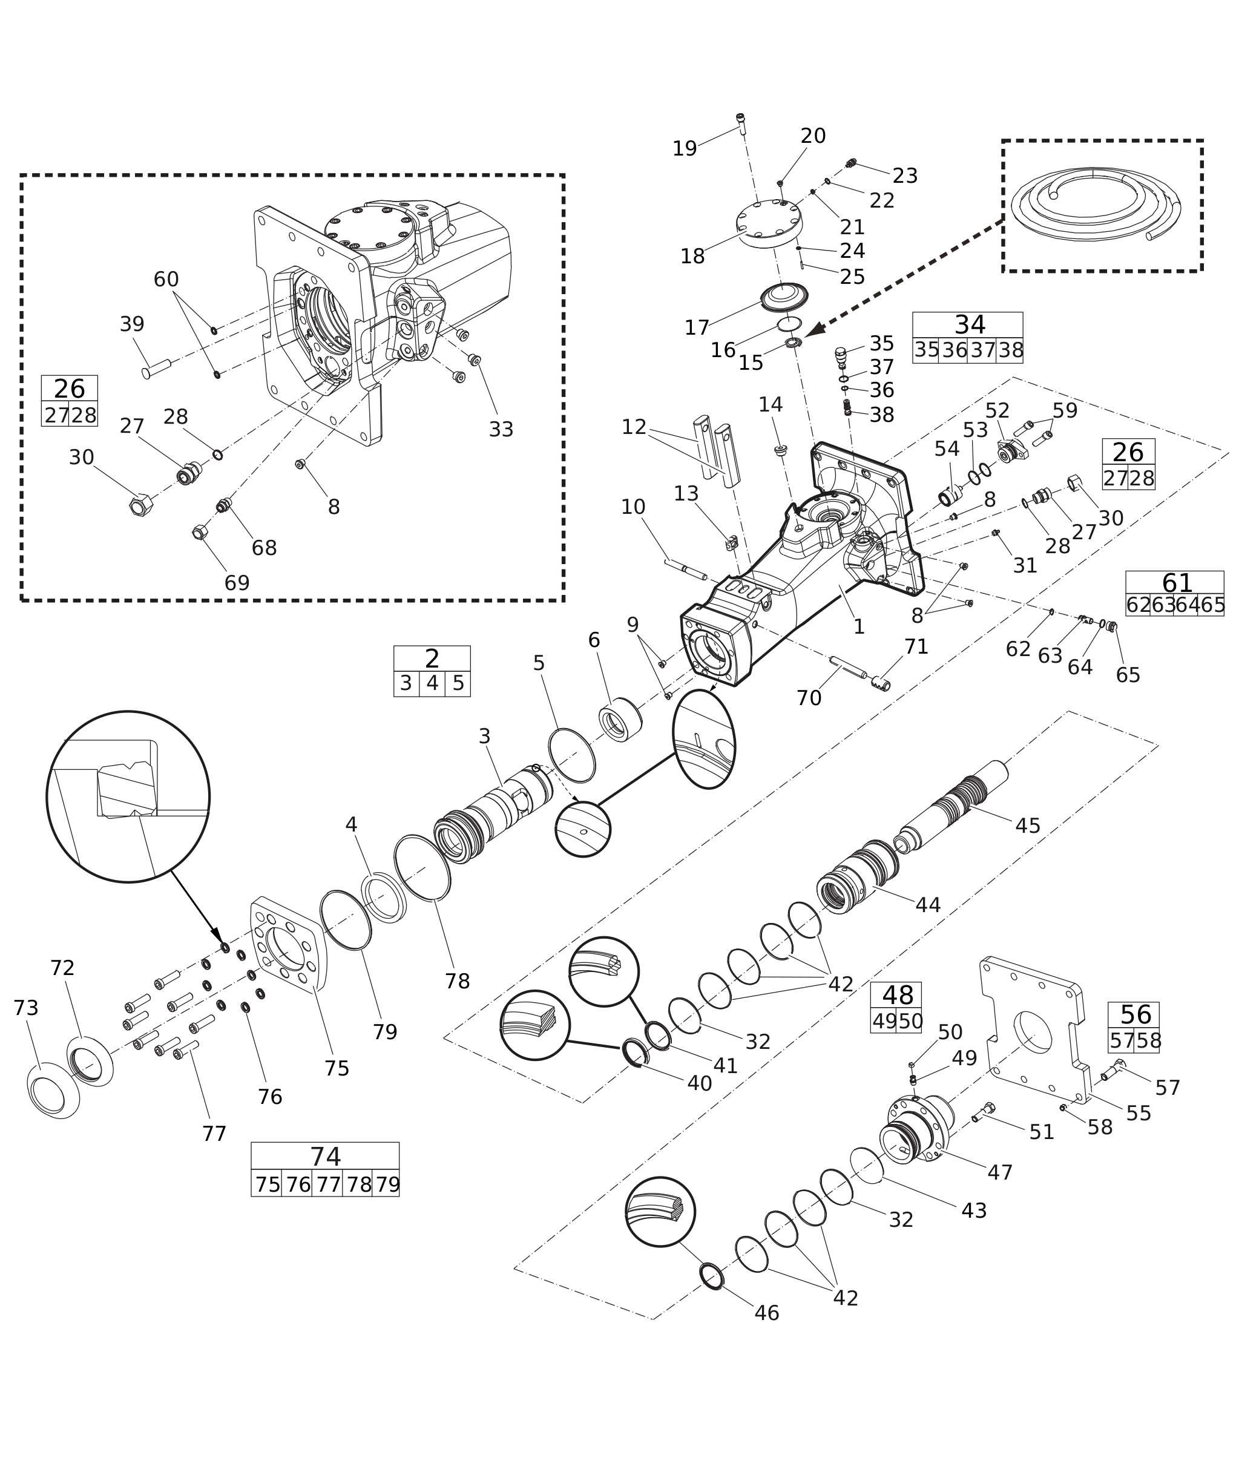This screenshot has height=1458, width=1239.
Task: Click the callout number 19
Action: [x=684, y=149]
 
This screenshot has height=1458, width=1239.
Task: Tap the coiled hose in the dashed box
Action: [x=1095, y=205]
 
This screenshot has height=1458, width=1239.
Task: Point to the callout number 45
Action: [x=1028, y=826]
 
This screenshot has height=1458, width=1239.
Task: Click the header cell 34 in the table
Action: [x=968, y=325]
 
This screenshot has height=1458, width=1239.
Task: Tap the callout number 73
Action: [x=26, y=1008]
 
